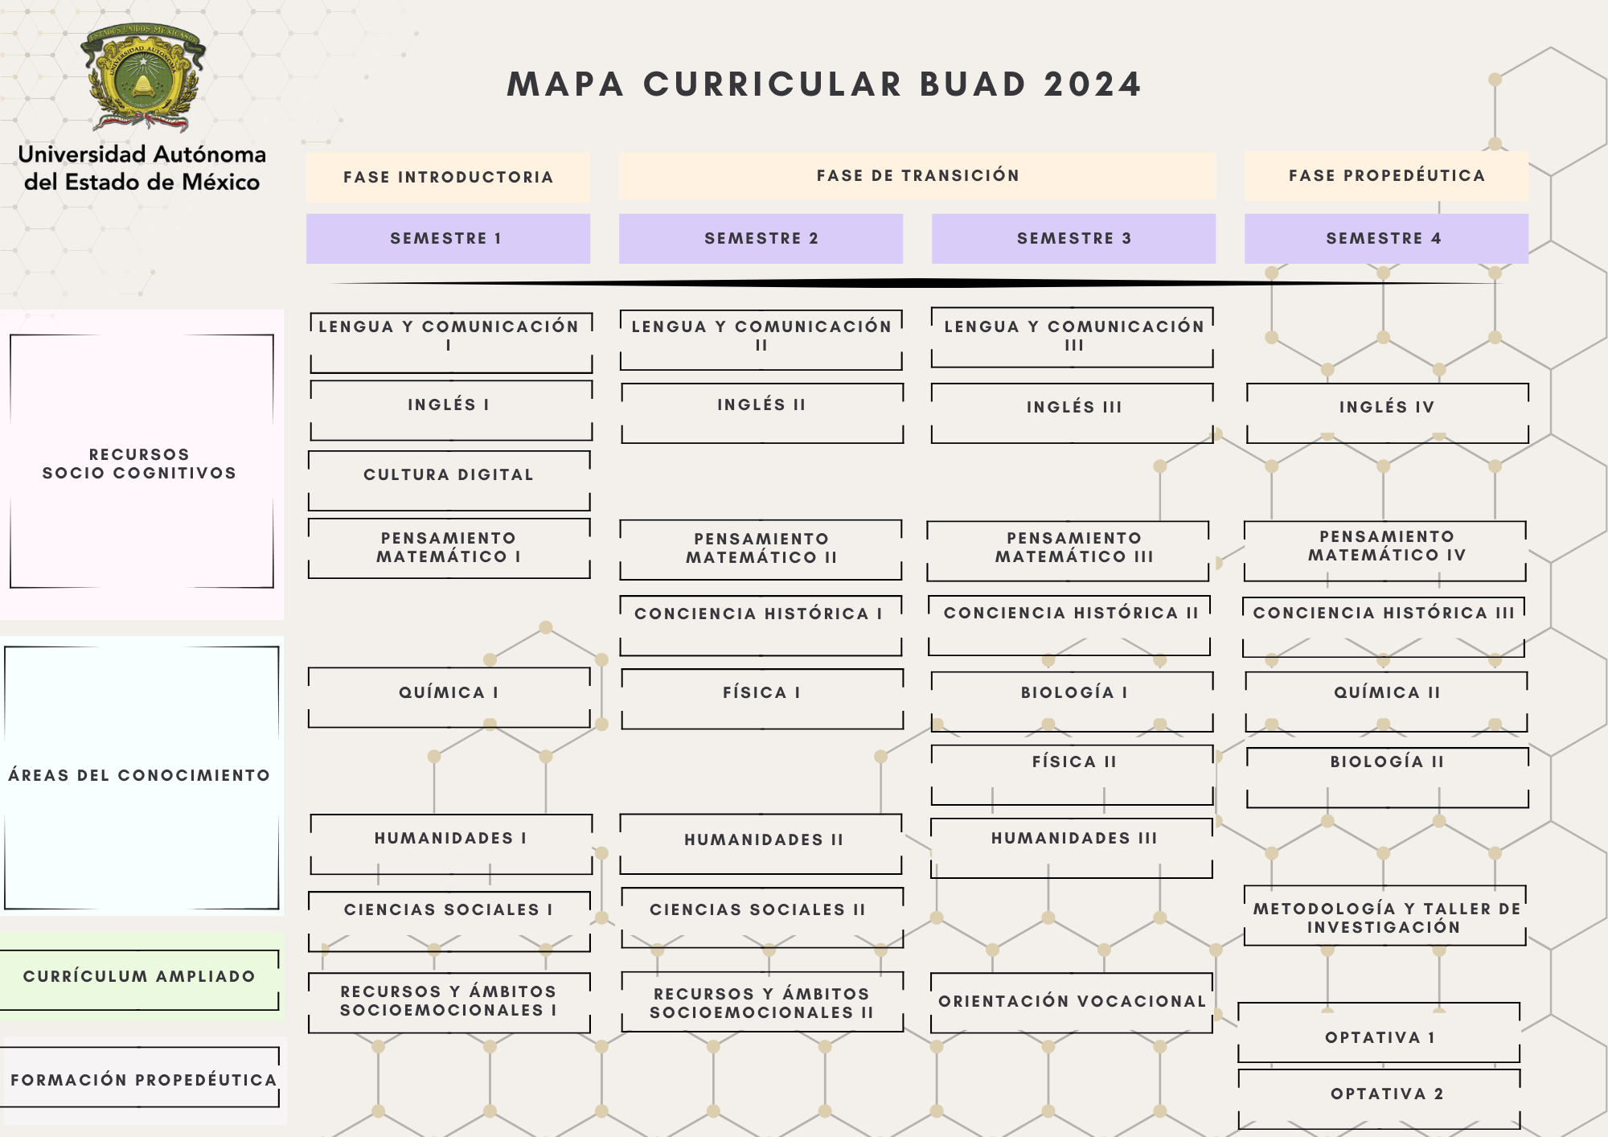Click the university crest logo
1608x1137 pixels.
(x=143, y=77)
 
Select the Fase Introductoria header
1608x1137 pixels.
(x=448, y=177)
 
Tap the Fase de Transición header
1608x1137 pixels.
(x=917, y=175)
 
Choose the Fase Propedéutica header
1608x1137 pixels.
(x=1386, y=175)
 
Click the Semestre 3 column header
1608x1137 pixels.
(x=1073, y=238)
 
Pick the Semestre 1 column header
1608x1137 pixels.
(x=447, y=238)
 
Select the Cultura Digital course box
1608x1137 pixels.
(x=449, y=480)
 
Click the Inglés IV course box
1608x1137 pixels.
(x=1387, y=412)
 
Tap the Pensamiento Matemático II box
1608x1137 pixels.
(x=761, y=549)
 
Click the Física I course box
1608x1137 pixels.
(x=761, y=698)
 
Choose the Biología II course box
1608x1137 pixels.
(x=1387, y=776)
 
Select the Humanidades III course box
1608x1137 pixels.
(x=1073, y=848)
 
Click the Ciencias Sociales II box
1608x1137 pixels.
(x=761, y=917)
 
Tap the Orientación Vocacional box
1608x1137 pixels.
(x=1072, y=1002)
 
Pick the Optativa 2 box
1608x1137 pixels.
(x=1380, y=1098)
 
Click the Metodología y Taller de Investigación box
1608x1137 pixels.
(x=1384, y=917)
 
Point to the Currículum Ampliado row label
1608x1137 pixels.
(x=139, y=977)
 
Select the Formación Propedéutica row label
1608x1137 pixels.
(x=142, y=1078)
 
